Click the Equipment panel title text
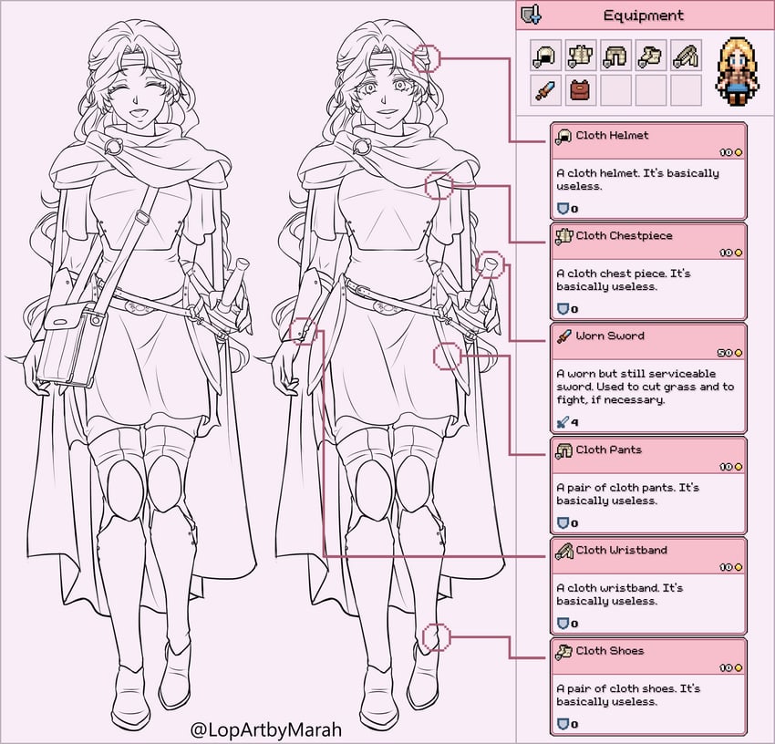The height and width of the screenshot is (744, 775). point(643,15)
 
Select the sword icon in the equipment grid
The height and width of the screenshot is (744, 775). point(545,90)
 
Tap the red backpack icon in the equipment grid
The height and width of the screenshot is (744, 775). point(580,90)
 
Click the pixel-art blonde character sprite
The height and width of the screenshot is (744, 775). point(738,71)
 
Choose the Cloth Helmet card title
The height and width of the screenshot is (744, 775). point(612,136)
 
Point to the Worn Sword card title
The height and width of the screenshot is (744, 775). point(610,336)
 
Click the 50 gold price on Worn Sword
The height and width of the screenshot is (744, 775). point(729,353)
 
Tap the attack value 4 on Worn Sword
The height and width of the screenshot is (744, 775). point(574,423)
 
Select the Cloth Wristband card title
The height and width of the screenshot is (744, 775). point(621,550)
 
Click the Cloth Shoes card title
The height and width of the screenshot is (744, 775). point(609,651)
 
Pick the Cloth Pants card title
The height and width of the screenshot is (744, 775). point(608,449)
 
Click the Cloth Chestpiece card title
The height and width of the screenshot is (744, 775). point(624,236)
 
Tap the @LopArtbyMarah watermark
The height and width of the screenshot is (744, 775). point(266,729)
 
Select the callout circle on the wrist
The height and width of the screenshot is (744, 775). point(290,331)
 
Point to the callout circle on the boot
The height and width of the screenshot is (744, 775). point(423,636)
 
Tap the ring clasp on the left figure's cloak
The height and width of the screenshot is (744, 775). point(114,146)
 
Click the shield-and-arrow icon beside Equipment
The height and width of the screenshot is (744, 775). point(532,15)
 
